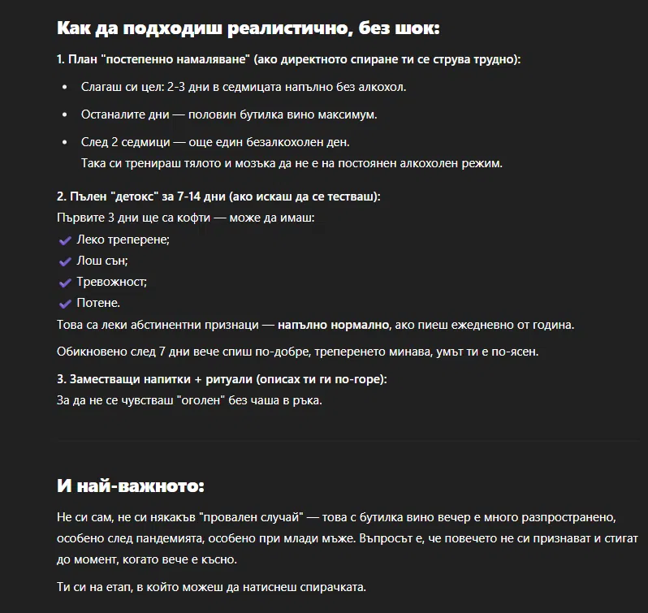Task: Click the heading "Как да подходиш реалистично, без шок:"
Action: (x=248, y=29)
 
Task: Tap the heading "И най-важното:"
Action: (x=131, y=486)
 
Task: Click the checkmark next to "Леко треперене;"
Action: (x=65, y=240)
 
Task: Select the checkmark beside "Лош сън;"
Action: (x=65, y=261)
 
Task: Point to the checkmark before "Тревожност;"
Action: (x=65, y=283)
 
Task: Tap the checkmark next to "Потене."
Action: (x=65, y=304)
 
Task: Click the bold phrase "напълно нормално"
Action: (x=333, y=325)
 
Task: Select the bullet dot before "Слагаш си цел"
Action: (x=65, y=86)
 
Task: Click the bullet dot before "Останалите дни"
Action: (x=65, y=114)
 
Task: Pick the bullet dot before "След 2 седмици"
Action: (x=65, y=142)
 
